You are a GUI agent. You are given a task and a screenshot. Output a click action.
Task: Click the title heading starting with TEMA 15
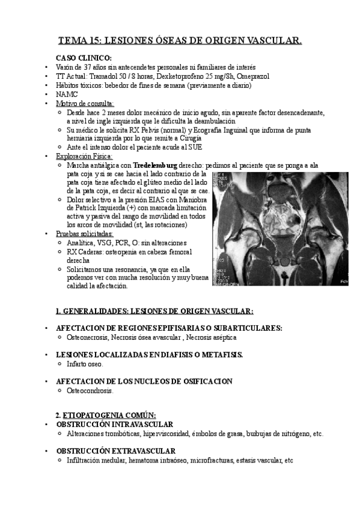coord(180,41)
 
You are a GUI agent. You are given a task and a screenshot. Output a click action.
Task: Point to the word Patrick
coord(90,207)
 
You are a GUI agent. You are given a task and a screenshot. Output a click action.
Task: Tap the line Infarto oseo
coord(85,364)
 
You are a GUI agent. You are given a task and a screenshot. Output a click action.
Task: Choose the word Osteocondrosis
coord(90,390)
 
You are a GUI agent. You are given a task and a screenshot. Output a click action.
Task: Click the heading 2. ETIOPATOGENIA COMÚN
coord(105,415)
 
